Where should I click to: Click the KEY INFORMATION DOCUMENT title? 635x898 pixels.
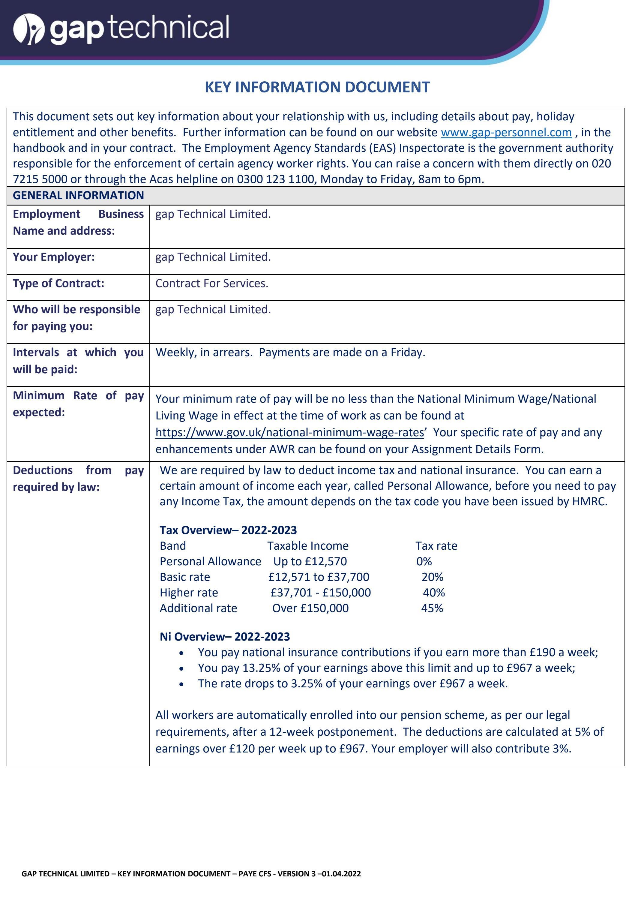(317, 87)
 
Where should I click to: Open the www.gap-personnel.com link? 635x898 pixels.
(506, 132)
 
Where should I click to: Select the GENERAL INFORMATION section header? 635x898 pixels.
(78, 195)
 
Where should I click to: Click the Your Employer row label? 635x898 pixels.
(54, 257)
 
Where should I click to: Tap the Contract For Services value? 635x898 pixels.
(211, 283)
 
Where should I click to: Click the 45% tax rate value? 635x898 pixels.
(432, 608)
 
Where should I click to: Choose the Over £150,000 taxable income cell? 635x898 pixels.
(310, 608)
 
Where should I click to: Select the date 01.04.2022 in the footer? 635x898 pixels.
(341, 873)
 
